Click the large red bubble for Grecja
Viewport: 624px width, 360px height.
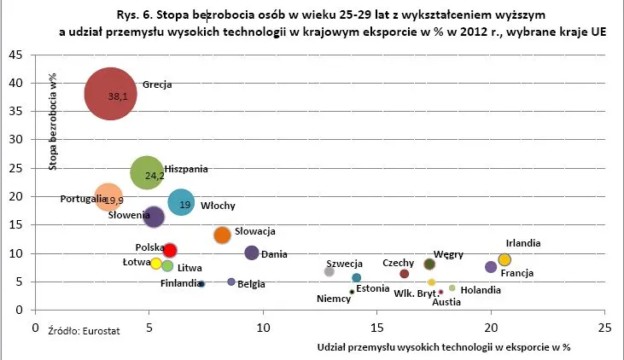[110, 94]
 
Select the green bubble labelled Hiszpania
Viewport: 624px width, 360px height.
[148, 173]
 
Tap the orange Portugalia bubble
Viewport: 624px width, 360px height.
[108, 198]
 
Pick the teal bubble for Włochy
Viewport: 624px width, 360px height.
[181, 202]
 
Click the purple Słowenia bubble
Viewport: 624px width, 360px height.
[154, 217]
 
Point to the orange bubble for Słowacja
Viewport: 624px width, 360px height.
[222, 235]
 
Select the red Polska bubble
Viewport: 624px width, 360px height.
[170, 250]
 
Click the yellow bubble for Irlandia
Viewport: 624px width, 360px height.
[504, 259]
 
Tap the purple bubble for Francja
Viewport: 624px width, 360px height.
[491, 267]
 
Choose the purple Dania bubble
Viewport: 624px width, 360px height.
[252, 253]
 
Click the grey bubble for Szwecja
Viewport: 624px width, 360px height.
[329, 271]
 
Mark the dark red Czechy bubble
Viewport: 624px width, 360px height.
[405, 274]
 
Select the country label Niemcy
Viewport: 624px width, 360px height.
[334, 299]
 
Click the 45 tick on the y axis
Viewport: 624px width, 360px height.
[15, 55]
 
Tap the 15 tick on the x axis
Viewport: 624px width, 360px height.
[376, 327]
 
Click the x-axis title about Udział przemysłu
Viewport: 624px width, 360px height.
[442, 347]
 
